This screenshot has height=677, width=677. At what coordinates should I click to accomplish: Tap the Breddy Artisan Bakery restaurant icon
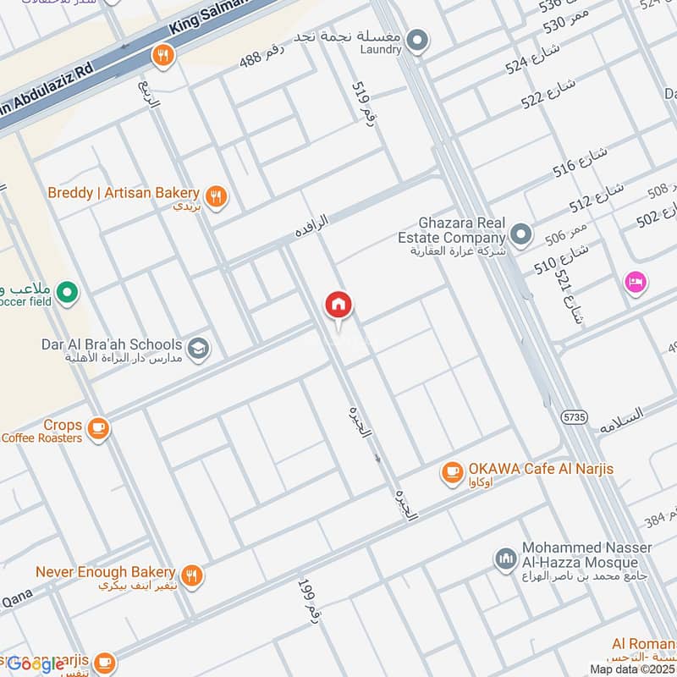pyautogui.click(x=217, y=196)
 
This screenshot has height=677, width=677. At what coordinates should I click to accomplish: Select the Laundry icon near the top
pyautogui.click(x=416, y=39)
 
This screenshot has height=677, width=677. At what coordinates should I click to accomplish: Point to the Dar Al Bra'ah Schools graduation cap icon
pyautogui.click(x=198, y=349)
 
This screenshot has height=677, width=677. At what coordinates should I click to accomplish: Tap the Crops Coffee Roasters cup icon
pyautogui.click(x=98, y=429)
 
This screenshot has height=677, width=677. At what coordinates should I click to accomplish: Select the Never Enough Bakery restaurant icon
pyautogui.click(x=193, y=575)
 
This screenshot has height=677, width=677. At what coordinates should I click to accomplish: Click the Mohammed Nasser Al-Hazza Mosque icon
pyautogui.click(x=505, y=559)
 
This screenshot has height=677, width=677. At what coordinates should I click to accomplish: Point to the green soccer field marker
pyautogui.click(x=68, y=293)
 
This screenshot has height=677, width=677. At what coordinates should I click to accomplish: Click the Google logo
pyautogui.click(x=36, y=664)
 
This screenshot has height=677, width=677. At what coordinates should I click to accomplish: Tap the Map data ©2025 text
pyautogui.click(x=631, y=669)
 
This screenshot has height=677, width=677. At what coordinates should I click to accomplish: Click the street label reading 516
pyautogui.click(x=581, y=161)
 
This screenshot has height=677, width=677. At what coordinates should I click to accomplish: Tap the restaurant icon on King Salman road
pyautogui.click(x=162, y=56)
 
